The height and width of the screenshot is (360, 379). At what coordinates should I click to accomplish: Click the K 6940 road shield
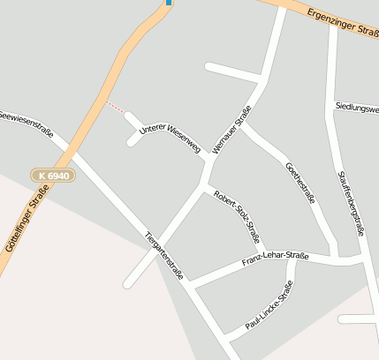[x=54, y=176]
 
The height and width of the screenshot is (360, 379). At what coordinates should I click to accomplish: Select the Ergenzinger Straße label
[x=343, y=21]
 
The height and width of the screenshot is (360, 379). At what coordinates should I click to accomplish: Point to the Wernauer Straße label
[x=232, y=130]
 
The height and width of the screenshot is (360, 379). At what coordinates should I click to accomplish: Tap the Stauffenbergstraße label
[x=351, y=202]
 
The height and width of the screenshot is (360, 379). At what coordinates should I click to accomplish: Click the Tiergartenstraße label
[x=164, y=255]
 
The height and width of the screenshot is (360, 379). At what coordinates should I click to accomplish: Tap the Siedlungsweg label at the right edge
[x=357, y=107]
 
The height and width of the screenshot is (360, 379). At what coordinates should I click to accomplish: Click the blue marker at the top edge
[x=168, y=3]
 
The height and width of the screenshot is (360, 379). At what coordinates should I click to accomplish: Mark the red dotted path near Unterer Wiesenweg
[x=115, y=107]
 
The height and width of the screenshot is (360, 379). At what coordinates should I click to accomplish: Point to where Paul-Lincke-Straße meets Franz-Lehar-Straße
[x=293, y=259]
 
